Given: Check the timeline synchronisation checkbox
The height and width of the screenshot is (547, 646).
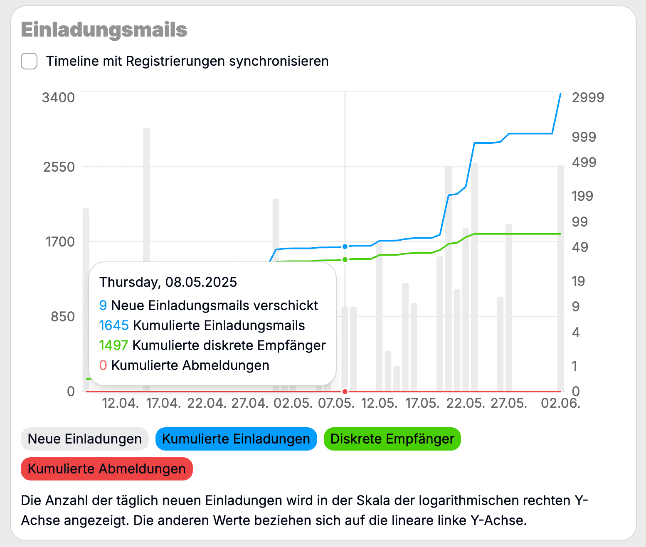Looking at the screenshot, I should (29, 61).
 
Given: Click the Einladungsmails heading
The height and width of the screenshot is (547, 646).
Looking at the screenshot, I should (104, 30).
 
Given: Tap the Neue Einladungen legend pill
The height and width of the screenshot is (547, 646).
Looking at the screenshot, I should (85, 439).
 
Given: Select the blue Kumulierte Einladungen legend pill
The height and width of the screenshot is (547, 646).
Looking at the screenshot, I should (236, 439).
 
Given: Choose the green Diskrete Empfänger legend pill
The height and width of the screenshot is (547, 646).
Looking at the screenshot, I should (392, 439).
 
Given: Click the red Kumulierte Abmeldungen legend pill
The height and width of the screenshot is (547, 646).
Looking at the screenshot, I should (107, 469).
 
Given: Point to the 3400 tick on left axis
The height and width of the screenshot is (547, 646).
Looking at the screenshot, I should (58, 98).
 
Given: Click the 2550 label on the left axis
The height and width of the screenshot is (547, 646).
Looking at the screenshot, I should (59, 167).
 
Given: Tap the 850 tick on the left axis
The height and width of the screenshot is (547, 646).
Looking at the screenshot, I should (63, 317).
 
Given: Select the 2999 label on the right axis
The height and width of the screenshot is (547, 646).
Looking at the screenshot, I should (588, 98).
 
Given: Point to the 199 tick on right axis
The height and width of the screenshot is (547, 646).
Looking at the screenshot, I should (582, 196).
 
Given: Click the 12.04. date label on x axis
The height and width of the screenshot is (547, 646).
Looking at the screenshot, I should (121, 403).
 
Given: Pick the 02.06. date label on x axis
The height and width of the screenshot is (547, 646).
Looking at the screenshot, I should (560, 403).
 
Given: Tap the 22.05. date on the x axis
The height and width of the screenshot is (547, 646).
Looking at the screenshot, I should (466, 403).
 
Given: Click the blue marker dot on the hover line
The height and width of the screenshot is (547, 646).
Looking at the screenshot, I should (345, 246).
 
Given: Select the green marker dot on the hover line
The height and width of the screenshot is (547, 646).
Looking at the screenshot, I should (345, 260).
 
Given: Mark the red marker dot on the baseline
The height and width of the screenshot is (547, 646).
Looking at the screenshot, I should (345, 392).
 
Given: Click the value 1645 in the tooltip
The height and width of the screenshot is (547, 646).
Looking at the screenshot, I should (114, 325).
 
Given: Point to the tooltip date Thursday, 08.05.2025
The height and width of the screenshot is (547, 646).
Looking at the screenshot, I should (168, 282).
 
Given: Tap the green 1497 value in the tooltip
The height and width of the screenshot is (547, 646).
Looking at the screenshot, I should (113, 345).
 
